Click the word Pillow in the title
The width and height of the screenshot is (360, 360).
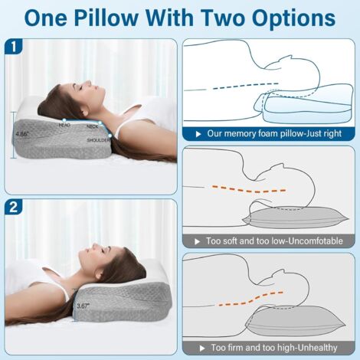[106, 18]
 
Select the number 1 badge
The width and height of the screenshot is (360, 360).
[14, 47]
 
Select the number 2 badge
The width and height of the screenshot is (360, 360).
[14, 207]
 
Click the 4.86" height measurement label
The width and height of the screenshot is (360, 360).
[22, 134]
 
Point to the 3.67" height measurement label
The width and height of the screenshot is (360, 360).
[83, 306]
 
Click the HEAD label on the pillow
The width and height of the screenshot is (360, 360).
[64, 125]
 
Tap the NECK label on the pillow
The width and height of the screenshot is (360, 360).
[93, 126]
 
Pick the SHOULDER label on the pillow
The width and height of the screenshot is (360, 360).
[98, 140]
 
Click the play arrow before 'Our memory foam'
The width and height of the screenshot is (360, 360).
[198, 134]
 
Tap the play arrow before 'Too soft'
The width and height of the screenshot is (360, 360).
[197, 241]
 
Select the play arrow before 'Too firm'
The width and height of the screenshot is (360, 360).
[202, 349]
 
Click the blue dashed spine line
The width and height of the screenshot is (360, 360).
[245, 86]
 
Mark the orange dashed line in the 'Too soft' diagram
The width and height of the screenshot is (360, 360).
[249, 189]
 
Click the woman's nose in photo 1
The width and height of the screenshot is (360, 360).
[88, 83]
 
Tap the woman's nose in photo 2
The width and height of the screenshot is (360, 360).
[96, 246]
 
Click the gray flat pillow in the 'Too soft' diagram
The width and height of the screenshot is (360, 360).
[296, 217]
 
